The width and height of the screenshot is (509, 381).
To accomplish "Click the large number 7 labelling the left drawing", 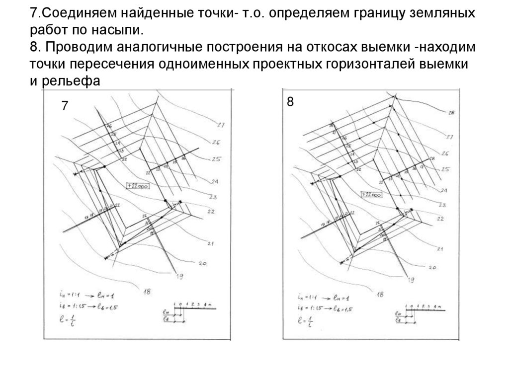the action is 65,106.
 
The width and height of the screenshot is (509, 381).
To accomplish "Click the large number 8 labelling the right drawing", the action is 290,102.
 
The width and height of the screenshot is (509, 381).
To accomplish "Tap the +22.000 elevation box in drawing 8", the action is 371,195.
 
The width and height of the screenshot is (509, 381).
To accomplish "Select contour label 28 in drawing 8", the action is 451,113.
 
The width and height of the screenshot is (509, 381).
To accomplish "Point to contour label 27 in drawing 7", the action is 221,125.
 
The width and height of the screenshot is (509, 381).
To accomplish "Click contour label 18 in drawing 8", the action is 379,294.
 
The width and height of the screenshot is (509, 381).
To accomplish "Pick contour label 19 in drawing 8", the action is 411,281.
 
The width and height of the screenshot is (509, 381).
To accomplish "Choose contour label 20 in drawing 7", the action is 202,263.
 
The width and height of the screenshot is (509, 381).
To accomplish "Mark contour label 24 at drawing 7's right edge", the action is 215,181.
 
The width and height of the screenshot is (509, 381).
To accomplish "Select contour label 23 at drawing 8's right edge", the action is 442,205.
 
